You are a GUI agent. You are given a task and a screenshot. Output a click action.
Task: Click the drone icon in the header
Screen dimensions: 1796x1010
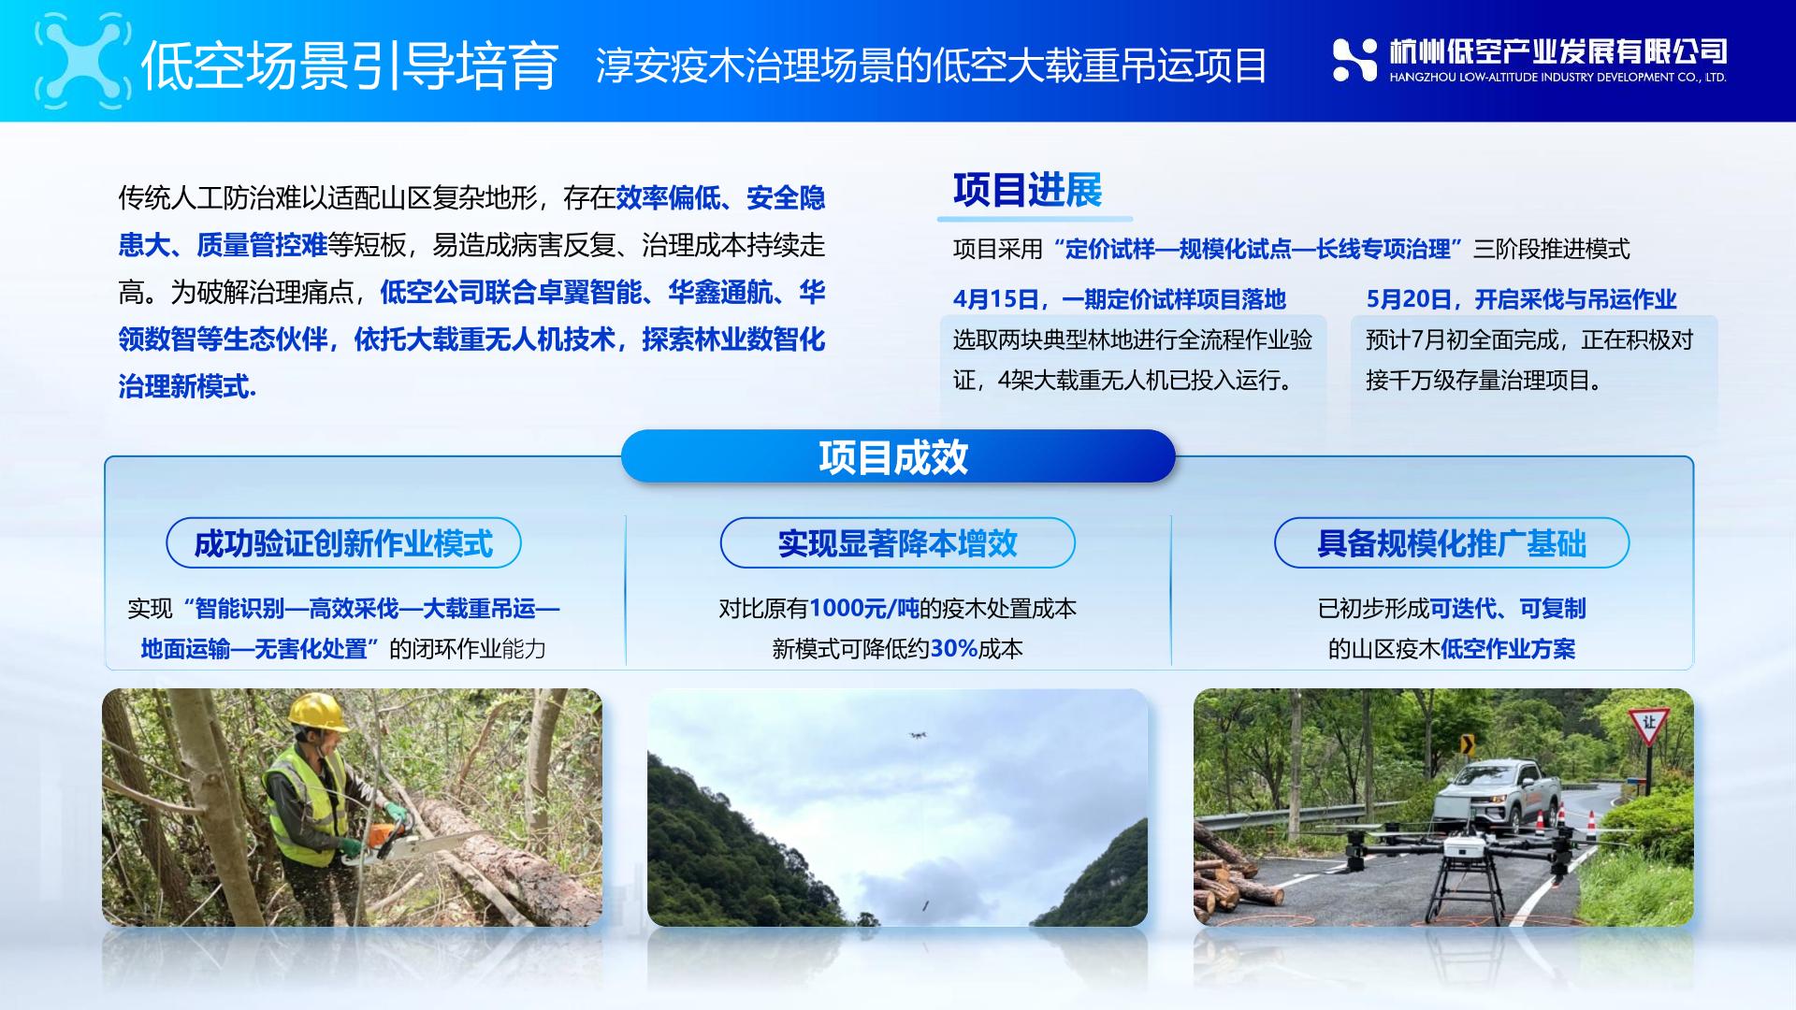pos(82,62)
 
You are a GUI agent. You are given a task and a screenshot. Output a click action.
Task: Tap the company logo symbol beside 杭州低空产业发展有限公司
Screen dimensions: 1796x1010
pos(1354,60)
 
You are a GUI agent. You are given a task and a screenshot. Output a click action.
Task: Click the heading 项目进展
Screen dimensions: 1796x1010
pos(1027,190)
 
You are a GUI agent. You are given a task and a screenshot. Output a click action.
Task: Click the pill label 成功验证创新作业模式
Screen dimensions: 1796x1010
pos(343,542)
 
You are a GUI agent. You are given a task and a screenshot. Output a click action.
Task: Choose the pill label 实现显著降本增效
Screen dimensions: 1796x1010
pos(898,542)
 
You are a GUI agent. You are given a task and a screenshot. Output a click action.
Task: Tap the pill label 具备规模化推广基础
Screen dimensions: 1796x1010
pos(1452,542)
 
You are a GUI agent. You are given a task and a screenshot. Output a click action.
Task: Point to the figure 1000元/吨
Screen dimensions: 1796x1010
pos(863,608)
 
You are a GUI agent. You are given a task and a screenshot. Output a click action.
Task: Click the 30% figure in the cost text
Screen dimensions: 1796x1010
pos(953,648)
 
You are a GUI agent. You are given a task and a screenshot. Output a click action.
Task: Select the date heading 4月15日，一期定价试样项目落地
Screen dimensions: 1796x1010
pos(1120,299)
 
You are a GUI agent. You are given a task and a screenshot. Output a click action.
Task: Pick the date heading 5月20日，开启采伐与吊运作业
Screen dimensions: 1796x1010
pos(1521,299)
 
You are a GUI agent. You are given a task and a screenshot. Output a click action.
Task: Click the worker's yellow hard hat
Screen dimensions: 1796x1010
pos(318,712)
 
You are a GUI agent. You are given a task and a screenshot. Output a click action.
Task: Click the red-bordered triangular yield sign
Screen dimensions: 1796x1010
pos(1649,725)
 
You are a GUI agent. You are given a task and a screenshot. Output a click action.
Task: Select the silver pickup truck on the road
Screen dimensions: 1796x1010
pos(1496,796)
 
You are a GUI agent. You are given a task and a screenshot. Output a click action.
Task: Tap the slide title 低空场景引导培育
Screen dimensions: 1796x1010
pos(350,65)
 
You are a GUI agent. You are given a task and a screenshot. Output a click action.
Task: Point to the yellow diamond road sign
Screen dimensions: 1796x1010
pos(1467,744)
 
